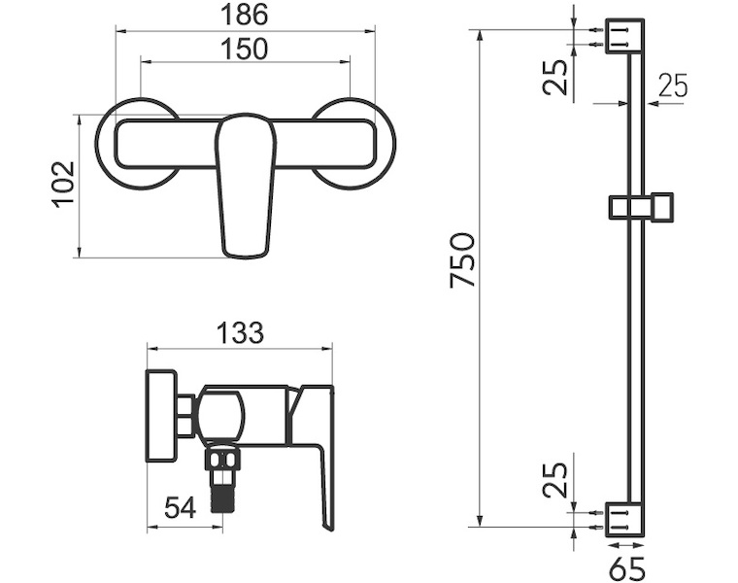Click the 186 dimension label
245,15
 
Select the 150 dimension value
245,49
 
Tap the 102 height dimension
63,185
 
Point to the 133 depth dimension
241,333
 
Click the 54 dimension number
180,508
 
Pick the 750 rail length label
462,259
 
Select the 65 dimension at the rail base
626,568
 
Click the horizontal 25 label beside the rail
673,86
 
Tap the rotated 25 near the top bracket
555,77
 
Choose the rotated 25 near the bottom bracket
555,479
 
